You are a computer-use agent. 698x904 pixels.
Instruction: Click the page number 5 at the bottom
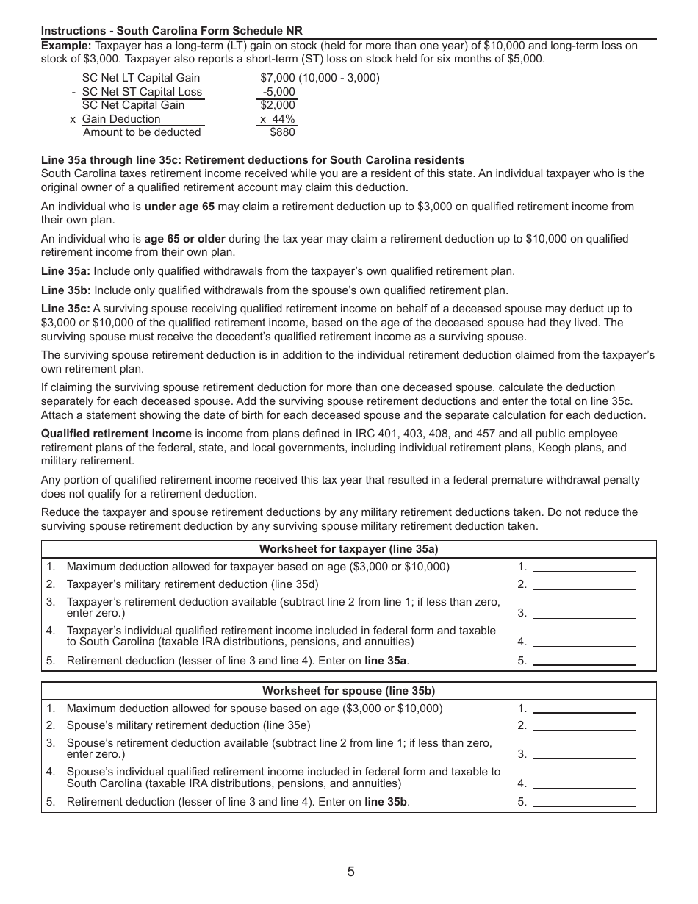point(350,872)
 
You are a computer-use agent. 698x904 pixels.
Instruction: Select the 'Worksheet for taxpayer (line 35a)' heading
point(348,549)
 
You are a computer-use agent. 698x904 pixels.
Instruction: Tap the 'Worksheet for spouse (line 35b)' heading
point(348,691)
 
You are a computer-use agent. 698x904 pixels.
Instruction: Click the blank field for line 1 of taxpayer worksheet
point(584,567)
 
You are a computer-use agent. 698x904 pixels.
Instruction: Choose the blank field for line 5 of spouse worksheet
point(584,802)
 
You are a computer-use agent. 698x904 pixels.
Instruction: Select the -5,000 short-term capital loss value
point(279,92)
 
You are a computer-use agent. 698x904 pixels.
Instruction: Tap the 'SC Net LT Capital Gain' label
point(141,78)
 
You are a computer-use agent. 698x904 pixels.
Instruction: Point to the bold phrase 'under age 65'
point(179,207)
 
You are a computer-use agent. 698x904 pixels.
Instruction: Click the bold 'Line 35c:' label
point(65,309)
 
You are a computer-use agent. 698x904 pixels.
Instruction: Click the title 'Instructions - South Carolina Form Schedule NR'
point(172,31)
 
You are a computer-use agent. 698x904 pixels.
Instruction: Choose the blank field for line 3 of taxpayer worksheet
point(584,612)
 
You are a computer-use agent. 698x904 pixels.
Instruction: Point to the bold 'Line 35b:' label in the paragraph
point(66,290)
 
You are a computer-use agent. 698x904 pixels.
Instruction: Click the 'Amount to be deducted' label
point(142,132)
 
